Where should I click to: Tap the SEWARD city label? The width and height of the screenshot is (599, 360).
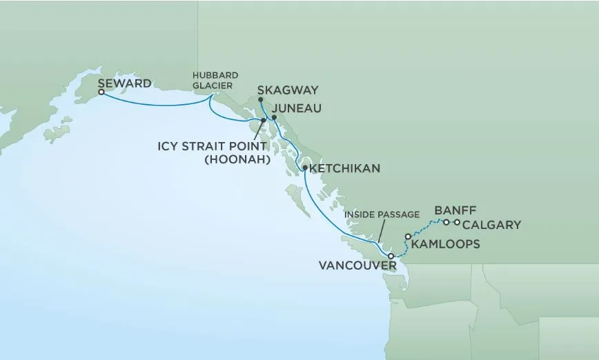[125, 83]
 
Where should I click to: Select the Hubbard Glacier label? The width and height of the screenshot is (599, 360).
[212, 81]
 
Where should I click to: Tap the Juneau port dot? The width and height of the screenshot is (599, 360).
[274, 117]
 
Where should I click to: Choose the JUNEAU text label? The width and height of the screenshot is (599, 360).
[297, 108]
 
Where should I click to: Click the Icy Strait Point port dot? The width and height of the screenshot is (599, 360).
[264, 121]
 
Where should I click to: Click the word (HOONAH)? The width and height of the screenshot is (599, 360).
[235, 160]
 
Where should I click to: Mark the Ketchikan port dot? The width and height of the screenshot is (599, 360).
[304, 168]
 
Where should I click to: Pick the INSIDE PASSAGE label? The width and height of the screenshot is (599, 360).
[382, 214]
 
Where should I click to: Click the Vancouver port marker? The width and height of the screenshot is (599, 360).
[391, 257]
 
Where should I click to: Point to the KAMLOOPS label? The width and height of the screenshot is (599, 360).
[445, 244]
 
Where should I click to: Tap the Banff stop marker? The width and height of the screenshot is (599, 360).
[446, 222]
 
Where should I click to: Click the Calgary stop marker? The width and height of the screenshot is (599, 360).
[457, 222]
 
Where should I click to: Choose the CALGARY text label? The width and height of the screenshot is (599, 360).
[491, 225]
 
